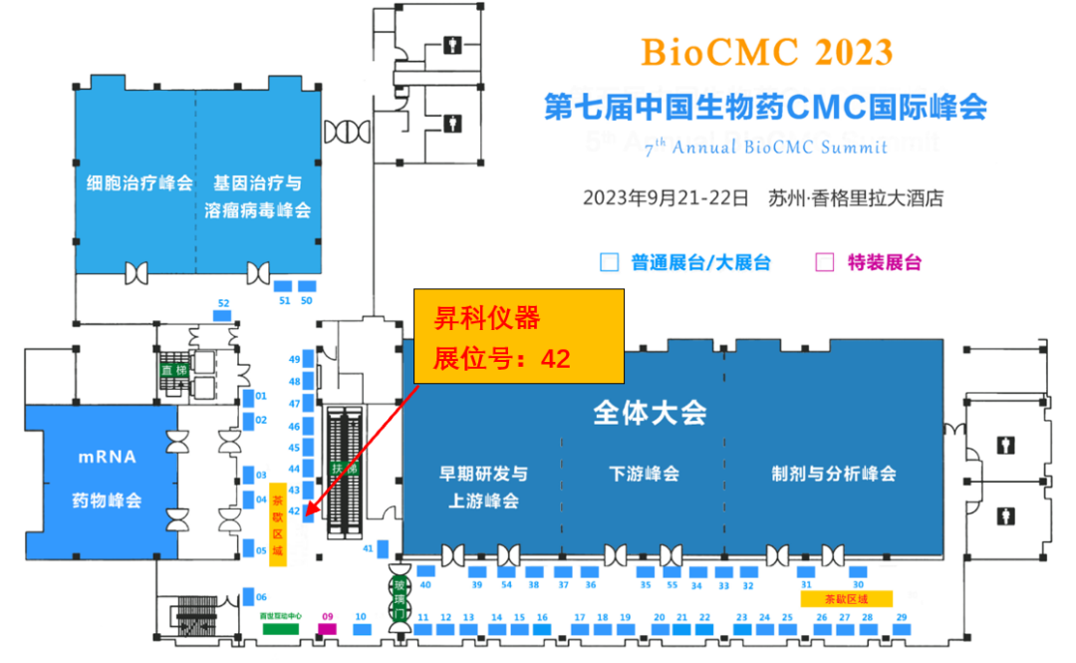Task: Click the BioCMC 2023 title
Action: (766, 51)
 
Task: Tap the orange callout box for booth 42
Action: (519, 336)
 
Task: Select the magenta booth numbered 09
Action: (326, 629)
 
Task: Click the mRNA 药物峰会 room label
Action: (108, 479)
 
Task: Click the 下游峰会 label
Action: (644, 474)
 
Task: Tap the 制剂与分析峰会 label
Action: (834, 474)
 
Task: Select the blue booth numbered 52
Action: (223, 315)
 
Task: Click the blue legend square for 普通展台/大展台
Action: (608, 263)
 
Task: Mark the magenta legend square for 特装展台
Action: (824, 263)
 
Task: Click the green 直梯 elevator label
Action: (174, 370)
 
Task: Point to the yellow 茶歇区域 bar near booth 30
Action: (846, 598)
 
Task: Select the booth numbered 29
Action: (901, 630)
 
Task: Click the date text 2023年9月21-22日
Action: (665, 197)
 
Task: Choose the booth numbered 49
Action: (309, 359)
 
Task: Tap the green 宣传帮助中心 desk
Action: (281, 629)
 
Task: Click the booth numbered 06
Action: (247, 597)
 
